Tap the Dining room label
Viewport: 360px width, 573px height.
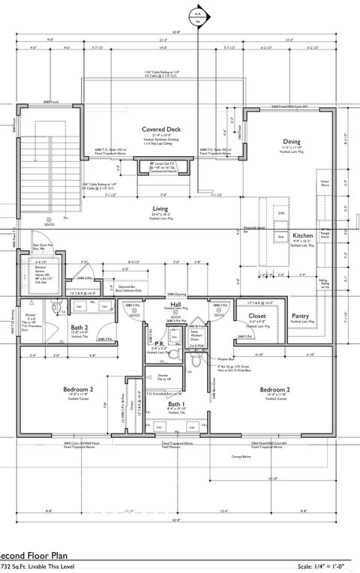(291, 141)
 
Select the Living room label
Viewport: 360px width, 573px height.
(160, 209)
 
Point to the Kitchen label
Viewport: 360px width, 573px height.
(302, 235)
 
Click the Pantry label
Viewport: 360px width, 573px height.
(301, 316)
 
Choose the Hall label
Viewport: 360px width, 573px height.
(175, 304)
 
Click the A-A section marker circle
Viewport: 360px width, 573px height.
(198, 14)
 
